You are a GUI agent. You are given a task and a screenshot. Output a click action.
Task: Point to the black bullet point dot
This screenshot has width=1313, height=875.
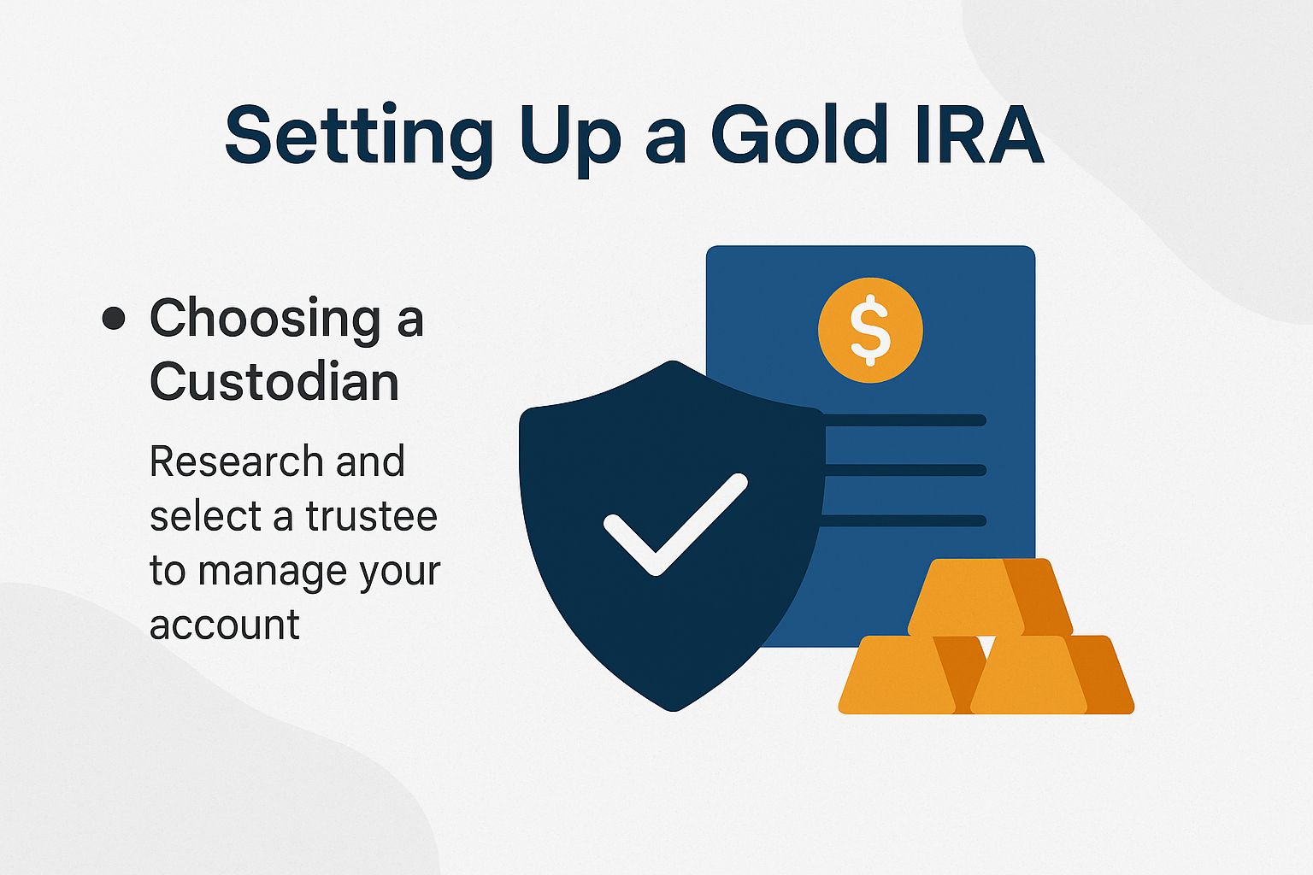pyautogui.click(x=113, y=319)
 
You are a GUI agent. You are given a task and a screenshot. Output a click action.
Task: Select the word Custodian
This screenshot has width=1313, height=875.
pyautogui.click(x=274, y=381)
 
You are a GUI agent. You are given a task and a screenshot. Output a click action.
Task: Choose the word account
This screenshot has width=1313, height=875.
pyautogui.click(x=224, y=625)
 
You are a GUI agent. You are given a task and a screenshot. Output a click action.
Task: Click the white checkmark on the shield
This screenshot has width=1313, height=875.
pyautogui.click(x=675, y=523)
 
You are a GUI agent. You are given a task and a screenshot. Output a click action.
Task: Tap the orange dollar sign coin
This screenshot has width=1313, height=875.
pyautogui.click(x=870, y=330)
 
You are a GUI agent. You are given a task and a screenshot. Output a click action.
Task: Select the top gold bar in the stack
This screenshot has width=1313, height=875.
pyautogui.click(x=989, y=596)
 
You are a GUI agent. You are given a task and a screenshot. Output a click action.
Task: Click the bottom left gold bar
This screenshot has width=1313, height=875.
pyautogui.click(x=904, y=675)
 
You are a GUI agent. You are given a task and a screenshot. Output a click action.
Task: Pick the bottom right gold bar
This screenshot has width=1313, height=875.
pyautogui.click(x=1051, y=675)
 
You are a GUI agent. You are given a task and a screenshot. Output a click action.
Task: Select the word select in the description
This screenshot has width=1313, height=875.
pyautogui.click(x=193, y=516)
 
